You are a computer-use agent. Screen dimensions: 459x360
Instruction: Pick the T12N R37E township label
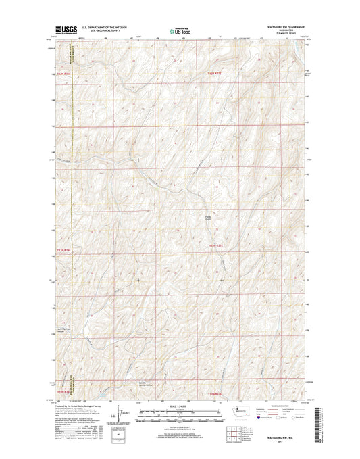click(214, 74)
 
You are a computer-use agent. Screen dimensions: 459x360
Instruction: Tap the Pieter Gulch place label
click(209, 217)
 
